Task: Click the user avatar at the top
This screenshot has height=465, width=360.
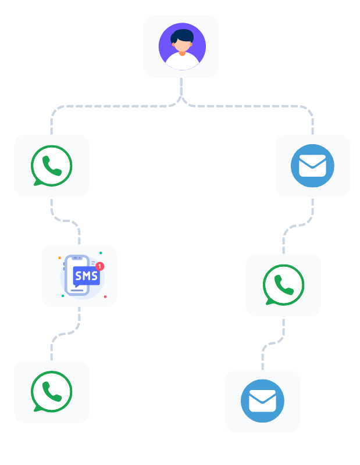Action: coord(181,46)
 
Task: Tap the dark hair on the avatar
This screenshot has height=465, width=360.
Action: coord(183,35)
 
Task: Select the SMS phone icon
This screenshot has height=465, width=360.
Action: coord(80,276)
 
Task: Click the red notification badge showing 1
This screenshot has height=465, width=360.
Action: coord(99,266)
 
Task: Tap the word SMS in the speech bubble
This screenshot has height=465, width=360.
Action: coord(86,276)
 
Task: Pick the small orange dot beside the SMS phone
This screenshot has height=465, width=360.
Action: coord(59,257)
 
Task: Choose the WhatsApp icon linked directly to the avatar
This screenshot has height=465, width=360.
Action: coord(52,166)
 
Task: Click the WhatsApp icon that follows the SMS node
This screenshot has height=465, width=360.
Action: coord(52,392)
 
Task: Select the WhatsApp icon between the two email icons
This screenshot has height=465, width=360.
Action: coord(283,285)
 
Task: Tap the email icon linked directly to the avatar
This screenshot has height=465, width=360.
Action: coord(312,166)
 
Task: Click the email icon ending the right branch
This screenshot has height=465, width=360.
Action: coord(262,401)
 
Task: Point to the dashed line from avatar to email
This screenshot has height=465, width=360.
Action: coord(262,106)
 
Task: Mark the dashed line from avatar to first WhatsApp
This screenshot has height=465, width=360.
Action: coord(105,106)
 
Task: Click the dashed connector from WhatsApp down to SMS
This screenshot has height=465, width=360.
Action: coord(65,220)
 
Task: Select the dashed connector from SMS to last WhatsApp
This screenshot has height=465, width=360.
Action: coord(65,334)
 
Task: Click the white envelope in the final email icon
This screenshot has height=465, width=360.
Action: coord(262,401)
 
